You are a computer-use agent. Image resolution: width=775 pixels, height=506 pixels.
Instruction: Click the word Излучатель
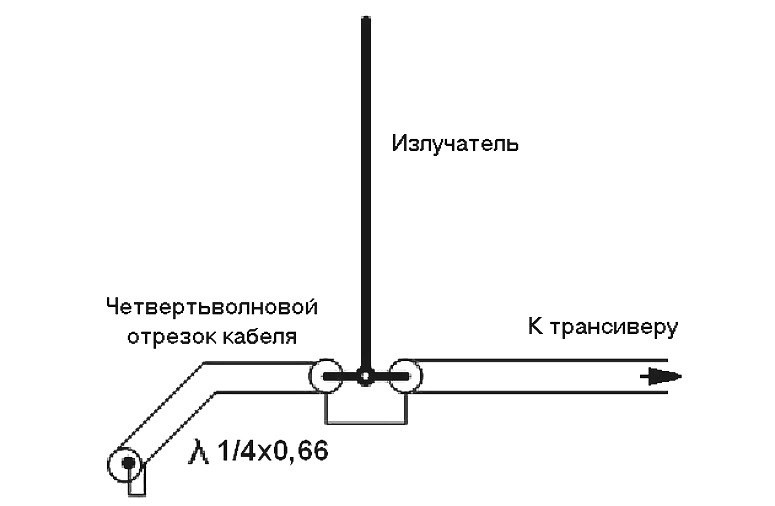(455, 143)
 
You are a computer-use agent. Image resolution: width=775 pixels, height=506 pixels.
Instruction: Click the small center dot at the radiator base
(367, 377)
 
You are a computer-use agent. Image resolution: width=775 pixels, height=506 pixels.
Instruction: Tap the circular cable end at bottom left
(124, 462)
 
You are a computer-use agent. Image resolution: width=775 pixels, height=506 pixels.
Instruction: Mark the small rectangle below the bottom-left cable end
(136, 483)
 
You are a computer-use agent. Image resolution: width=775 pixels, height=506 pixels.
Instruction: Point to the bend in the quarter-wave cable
(211, 378)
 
